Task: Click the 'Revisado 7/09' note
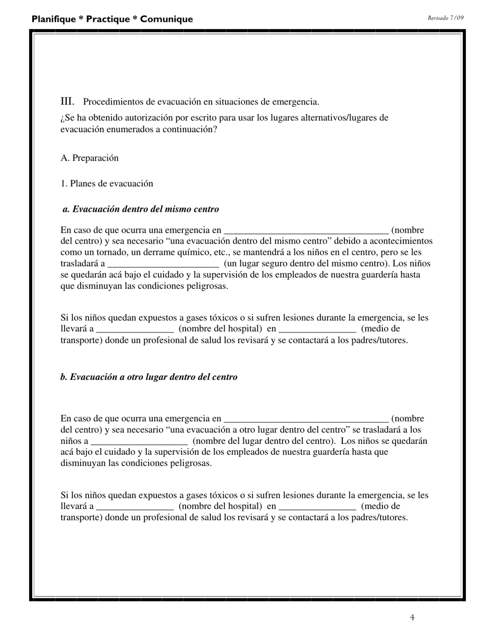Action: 445,18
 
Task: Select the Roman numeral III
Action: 67,101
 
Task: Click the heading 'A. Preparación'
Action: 90,158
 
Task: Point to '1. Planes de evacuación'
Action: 107,184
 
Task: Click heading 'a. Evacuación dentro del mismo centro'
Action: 141,209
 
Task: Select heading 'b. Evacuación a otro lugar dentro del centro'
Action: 149,377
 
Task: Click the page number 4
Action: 412,618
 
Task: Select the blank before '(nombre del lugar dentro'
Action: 139,441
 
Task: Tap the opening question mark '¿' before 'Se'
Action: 63,118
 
